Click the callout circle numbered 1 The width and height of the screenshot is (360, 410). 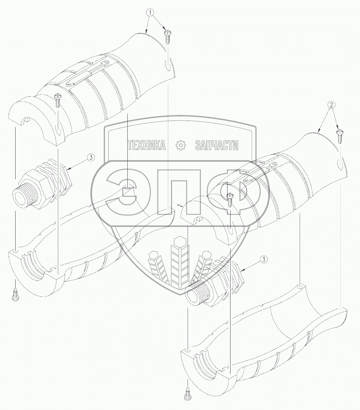coord(150,12)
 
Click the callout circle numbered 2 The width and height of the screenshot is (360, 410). coord(331,105)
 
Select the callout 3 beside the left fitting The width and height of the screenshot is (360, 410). coord(91,158)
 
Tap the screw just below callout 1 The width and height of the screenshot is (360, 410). coord(167,37)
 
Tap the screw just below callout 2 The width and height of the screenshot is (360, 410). coord(339,136)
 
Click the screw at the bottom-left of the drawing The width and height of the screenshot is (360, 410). coord(16,294)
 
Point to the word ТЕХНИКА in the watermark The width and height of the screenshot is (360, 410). coord(147,145)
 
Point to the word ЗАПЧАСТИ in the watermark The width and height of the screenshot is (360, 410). coord(217,145)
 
